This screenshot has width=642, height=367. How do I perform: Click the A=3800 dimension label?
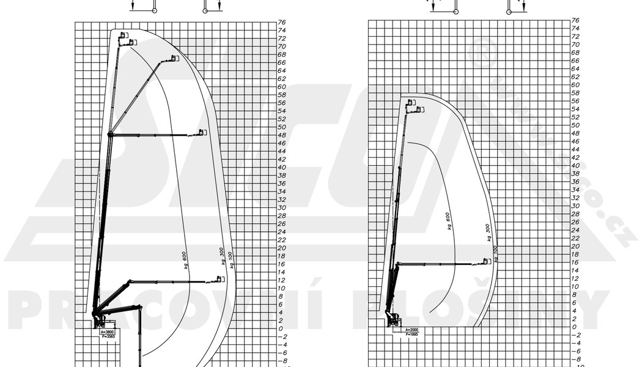[x=106, y=332]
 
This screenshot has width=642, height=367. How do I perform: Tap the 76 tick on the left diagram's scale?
[x=282, y=22]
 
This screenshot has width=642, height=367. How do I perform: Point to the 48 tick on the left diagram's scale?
[x=282, y=135]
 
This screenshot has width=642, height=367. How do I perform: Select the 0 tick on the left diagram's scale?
[x=281, y=328]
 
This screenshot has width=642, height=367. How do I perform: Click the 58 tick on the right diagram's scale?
[x=575, y=93]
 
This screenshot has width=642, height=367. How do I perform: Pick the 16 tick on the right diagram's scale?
[x=575, y=262]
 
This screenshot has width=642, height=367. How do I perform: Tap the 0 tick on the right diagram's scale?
[x=574, y=327]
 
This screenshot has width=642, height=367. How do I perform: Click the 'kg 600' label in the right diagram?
[x=449, y=221]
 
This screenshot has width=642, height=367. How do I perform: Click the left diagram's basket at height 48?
[x=202, y=132]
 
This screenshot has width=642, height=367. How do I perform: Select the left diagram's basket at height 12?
[x=220, y=280]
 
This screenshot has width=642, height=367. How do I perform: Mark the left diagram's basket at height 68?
[x=173, y=59]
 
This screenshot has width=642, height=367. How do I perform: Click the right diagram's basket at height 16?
[x=486, y=262]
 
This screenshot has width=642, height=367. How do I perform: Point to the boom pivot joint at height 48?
[x=110, y=134]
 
